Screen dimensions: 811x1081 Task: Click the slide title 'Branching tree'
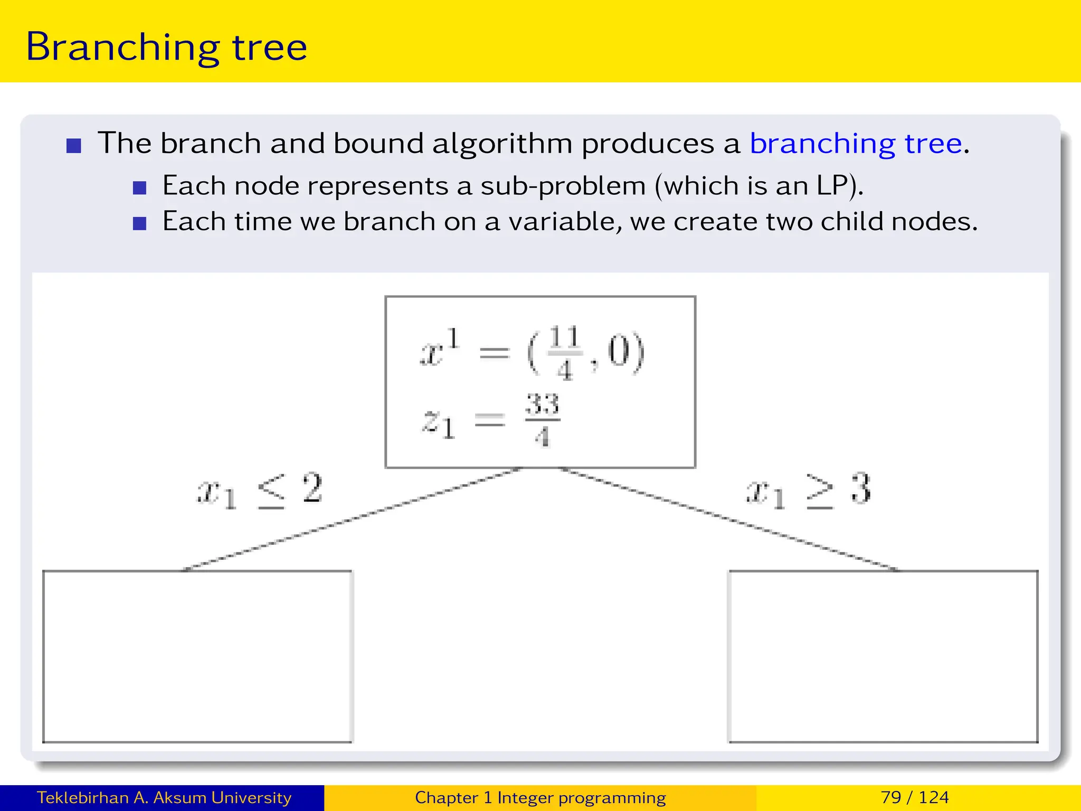click(166, 48)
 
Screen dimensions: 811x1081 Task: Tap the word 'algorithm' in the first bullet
click(502, 144)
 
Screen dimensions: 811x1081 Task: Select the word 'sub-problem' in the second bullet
click(563, 186)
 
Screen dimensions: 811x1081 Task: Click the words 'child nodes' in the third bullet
click(896, 222)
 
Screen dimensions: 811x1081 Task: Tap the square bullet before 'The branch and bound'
click(74, 146)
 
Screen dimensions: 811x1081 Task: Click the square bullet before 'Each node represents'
click(139, 188)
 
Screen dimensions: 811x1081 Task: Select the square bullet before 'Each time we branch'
click(139, 223)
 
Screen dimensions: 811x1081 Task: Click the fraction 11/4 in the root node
click(564, 353)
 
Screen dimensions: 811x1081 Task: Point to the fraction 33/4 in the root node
click(542, 420)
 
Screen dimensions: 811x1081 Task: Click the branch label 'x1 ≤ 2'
click(259, 491)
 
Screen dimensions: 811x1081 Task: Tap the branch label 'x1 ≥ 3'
click(808, 491)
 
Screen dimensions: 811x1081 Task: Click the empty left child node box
click(197, 656)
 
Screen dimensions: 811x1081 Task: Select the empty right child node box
click(883, 656)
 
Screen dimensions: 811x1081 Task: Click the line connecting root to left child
click(351, 520)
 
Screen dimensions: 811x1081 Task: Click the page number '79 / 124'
click(915, 797)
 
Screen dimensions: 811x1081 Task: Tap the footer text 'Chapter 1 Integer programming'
click(540, 797)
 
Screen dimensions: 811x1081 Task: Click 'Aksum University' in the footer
click(222, 797)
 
